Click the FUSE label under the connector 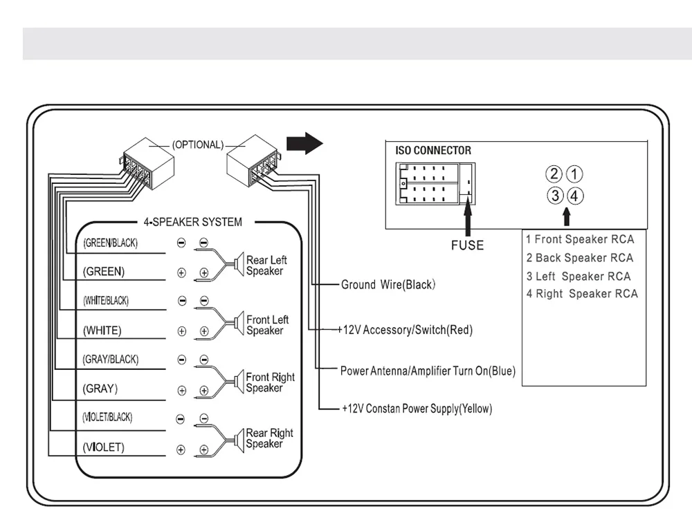[x=467, y=245]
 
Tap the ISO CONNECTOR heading [x=433, y=150]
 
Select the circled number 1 [x=576, y=174]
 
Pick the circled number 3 [x=556, y=196]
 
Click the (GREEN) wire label [x=104, y=272]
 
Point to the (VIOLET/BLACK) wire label [x=107, y=418]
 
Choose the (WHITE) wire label [x=102, y=331]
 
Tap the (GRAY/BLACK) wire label [x=110, y=360]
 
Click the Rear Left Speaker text [x=266, y=266]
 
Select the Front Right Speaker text [x=270, y=382]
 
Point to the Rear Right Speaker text [x=269, y=438]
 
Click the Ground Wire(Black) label [x=388, y=284]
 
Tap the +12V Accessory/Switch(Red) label [x=406, y=330]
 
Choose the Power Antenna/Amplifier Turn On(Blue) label [x=428, y=371]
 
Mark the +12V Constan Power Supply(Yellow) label [x=417, y=409]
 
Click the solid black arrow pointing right [x=304, y=144]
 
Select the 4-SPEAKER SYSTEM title [x=193, y=223]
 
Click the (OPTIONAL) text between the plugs [x=198, y=145]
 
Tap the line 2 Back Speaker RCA [x=580, y=258]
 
